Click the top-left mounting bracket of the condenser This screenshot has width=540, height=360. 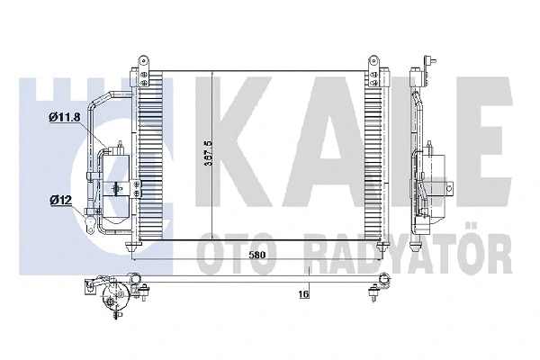click(141, 65)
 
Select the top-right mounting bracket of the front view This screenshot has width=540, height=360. click(372, 65)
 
